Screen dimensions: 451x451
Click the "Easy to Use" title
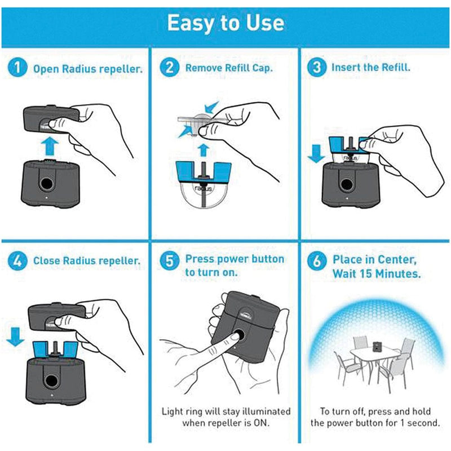pyautogui.click(x=225, y=23)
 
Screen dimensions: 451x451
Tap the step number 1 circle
pyautogui.click(x=17, y=67)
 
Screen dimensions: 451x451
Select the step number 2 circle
pyautogui.click(x=170, y=67)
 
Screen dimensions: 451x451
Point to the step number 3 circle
pyautogui.click(x=317, y=67)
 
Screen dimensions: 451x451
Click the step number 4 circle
pyautogui.click(x=17, y=261)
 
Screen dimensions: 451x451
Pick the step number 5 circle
pyautogui.click(x=170, y=260)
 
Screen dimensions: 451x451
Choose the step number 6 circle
pyautogui.click(x=317, y=260)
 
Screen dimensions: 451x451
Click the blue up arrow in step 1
pyautogui.click(x=50, y=146)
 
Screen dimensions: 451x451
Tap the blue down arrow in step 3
pyautogui.click(x=316, y=153)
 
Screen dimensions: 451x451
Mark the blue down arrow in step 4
pyautogui.click(x=15, y=337)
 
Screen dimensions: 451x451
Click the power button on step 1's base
pyautogui.click(x=46, y=183)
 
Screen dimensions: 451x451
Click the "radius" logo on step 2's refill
pyautogui.click(x=204, y=189)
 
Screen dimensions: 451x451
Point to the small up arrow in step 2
pyautogui.click(x=204, y=150)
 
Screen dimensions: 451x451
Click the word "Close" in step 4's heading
pyautogui.click(x=47, y=260)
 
